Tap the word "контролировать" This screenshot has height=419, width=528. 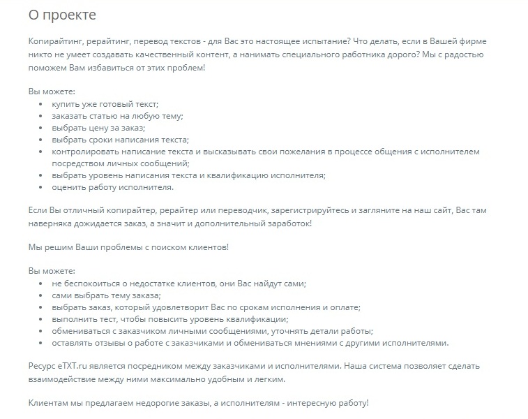coord(85,152)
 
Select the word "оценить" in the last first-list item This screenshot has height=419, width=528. coord(68,187)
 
